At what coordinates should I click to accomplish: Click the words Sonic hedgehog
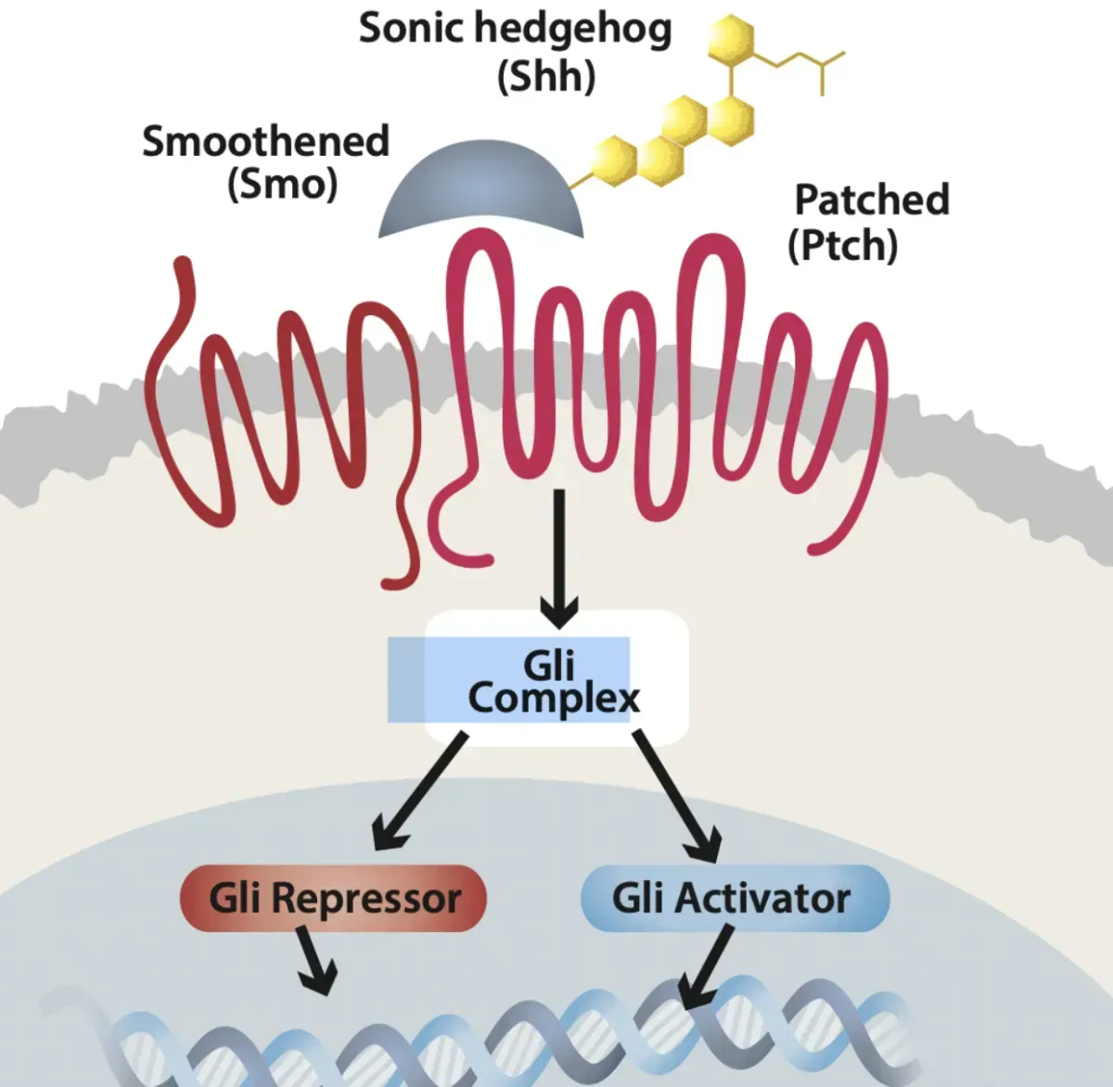click(515, 30)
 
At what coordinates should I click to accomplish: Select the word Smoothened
click(265, 142)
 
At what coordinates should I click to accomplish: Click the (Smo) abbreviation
click(282, 185)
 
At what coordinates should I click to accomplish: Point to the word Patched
click(872, 200)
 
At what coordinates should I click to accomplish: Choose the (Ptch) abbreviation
click(842, 246)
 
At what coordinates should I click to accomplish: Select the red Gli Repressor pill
click(334, 898)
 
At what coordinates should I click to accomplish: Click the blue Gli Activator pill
click(735, 898)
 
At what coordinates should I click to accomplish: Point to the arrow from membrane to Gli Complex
click(558, 556)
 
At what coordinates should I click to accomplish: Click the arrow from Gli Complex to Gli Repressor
click(420, 790)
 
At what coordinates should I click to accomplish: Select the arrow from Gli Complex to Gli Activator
click(677, 794)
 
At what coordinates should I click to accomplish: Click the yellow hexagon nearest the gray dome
click(613, 160)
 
